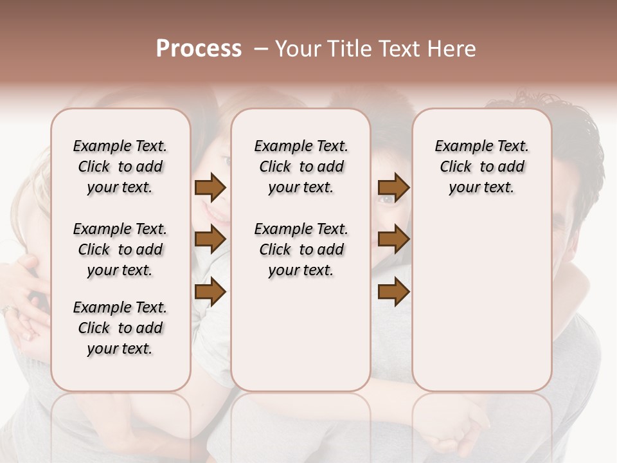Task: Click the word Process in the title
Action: [199, 49]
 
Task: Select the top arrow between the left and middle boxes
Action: [210, 187]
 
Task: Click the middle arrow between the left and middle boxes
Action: [210, 240]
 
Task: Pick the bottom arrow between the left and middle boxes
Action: [210, 292]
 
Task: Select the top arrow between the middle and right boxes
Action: [393, 187]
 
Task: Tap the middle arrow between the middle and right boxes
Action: [393, 240]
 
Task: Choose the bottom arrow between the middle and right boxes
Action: [393, 292]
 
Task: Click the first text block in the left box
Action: [120, 167]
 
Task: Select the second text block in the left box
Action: [120, 250]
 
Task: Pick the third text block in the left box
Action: [120, 328]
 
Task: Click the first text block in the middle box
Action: [301, 167]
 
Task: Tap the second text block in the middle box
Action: [301, 250]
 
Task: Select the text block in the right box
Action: [481, 167]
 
